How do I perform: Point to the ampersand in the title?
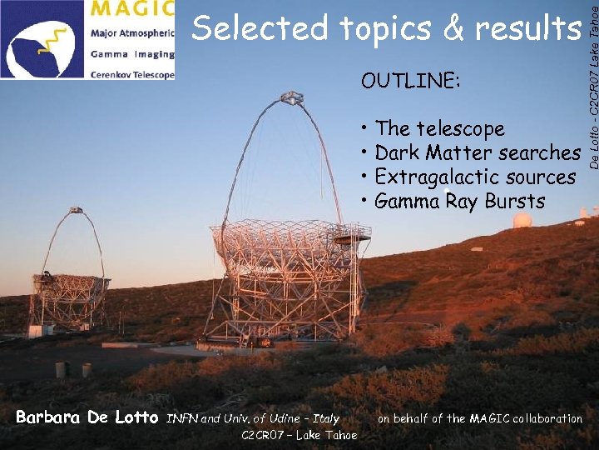coord(454,30)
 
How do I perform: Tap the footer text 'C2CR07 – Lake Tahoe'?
coord(299,435)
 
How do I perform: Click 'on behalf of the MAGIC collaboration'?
coord(480,418)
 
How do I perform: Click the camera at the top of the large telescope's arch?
coord(291,99)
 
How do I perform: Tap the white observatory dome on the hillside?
coord(522,220)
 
